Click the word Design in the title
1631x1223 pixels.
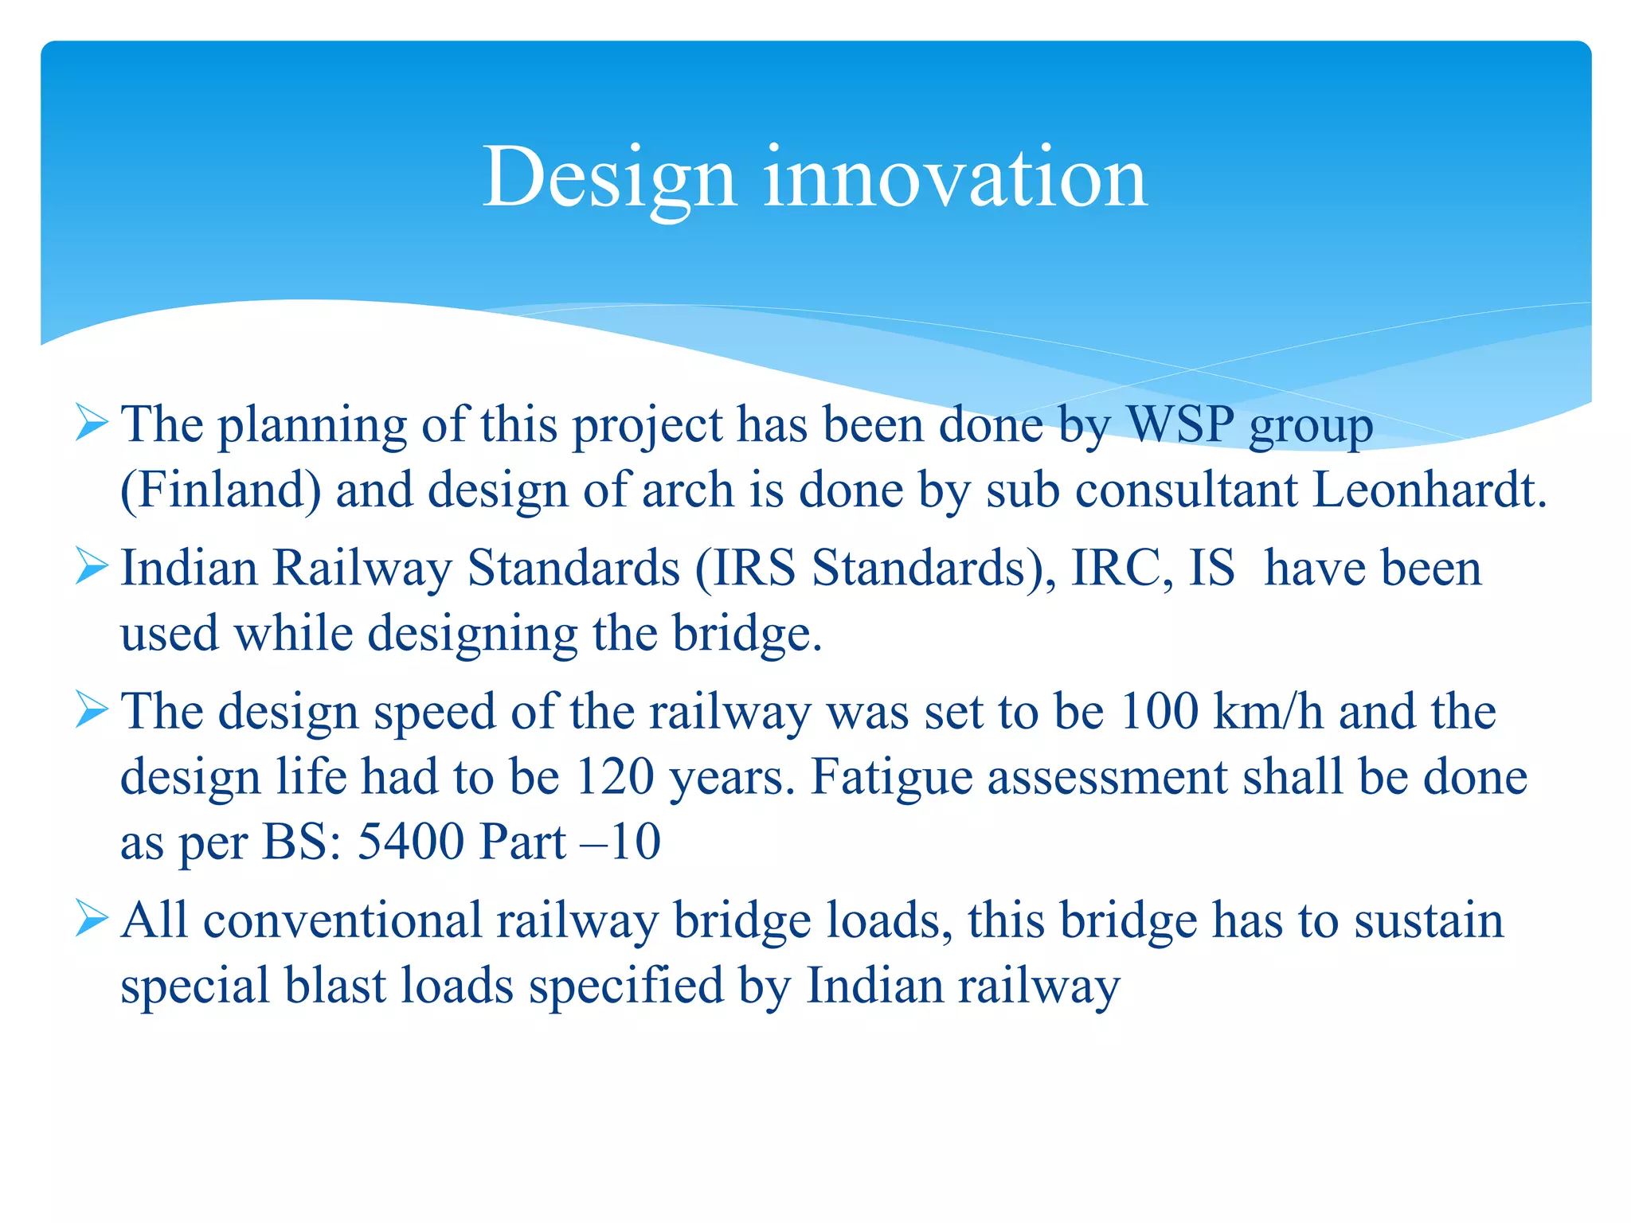(x=608, y=179)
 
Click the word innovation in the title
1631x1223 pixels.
(x=955, y=179)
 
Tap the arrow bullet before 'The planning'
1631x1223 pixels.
(x=92, y=424)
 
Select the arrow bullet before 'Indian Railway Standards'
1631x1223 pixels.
(x=92, y=568)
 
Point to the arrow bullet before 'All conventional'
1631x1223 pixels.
(x=92, y=920)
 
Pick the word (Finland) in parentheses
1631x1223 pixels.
(x=221, y=490)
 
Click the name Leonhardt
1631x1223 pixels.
(x=1429, y=490)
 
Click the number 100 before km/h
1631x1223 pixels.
(x=1159, y=711)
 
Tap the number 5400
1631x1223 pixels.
(x=411, y=842)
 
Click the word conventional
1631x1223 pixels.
(x=342, y=920)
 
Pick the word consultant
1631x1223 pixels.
(x=1187, y=490)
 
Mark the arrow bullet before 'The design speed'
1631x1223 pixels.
(x=92, y=710)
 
